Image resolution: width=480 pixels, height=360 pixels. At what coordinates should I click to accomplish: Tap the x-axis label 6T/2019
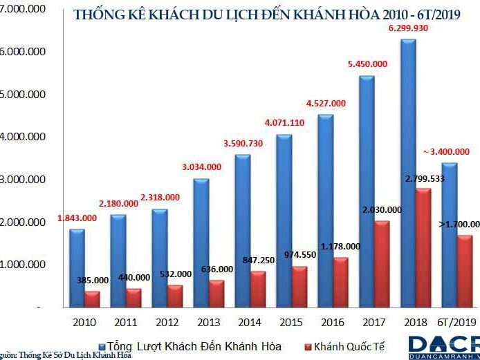click(x=457, y=322)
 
